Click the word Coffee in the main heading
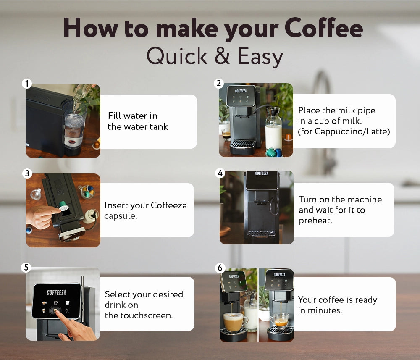click(x=323, y=28)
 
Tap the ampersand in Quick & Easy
click(x=222, y=56)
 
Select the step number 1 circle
click(x=27, y=84)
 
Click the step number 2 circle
click(x=219, y=83)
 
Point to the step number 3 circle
click(x=27, y=173)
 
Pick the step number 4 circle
click(x=220, y=173)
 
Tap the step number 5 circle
click(x=26, y=267)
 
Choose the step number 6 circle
click(x=220, y=268)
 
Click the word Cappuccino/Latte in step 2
click(x=352, y=131)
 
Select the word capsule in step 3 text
click(x=121, y=216)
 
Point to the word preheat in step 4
click(x=315, y=221)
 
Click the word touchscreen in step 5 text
click(x=147, y=315)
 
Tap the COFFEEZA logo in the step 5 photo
click(x=57, y=292)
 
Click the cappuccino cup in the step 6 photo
click(x=235, y=322)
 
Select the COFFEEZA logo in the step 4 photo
click(x=262, y=173)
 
